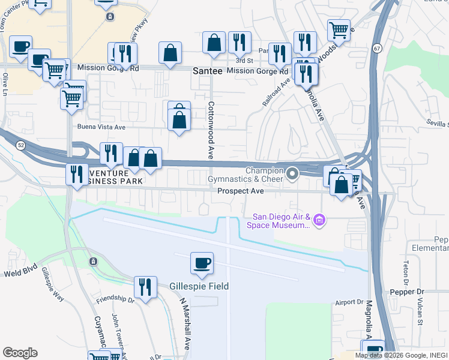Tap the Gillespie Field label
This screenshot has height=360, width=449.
[x=199, y=286]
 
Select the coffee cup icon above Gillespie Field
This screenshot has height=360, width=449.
[x=202, y=263]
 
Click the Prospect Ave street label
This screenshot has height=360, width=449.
[x=241, y=191]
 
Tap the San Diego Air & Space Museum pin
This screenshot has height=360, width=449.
[x=320, y=221]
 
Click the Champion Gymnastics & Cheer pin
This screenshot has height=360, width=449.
[x=293, y=174]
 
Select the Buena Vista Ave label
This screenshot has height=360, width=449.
[x=101, y=127]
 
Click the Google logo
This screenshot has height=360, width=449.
[x=20, y=353]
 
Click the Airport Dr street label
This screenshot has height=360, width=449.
[x=351, y=302]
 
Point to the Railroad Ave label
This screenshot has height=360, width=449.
[x=276, y=92]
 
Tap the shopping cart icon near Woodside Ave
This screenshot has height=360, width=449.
[x=339, y=29]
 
